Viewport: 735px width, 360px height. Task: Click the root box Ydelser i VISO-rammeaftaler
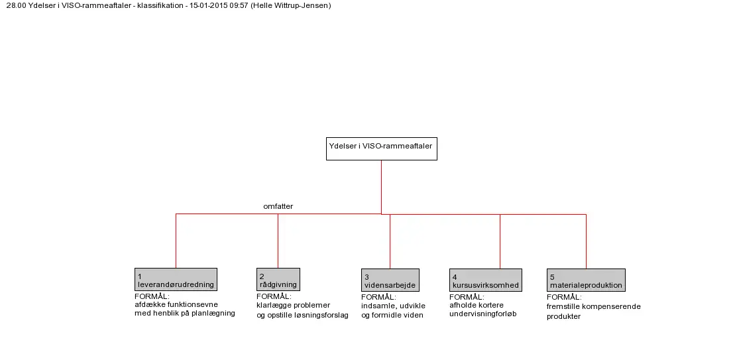coord(382,149)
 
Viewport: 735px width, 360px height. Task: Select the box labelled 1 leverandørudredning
coord(176,279)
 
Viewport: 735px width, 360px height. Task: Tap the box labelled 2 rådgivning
coord(278,279)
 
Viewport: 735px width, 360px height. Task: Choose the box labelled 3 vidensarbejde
coord(390,280)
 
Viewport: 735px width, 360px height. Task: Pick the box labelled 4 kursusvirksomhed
coord(486,280)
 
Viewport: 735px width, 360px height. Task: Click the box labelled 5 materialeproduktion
coord(586,280)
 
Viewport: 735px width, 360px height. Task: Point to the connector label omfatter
coord(278,206)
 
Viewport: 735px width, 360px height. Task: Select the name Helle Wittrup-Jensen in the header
coord(291,5)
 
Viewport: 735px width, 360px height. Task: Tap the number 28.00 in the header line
coord(16,5)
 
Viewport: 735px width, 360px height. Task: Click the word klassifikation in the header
coord(159,5)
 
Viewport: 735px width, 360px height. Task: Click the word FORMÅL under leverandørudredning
coord(152,296)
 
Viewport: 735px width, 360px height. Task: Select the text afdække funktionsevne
coord(176,305)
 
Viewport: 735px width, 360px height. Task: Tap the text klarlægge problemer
coord(294,305)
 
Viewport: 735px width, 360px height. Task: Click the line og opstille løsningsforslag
coord(302,315)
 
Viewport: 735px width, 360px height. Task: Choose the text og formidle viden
coord(392,315)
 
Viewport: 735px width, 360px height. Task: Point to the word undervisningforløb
coord(482,314)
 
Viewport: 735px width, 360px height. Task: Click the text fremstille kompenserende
coord(593,306)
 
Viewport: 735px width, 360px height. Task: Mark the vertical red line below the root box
coord(382,187)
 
